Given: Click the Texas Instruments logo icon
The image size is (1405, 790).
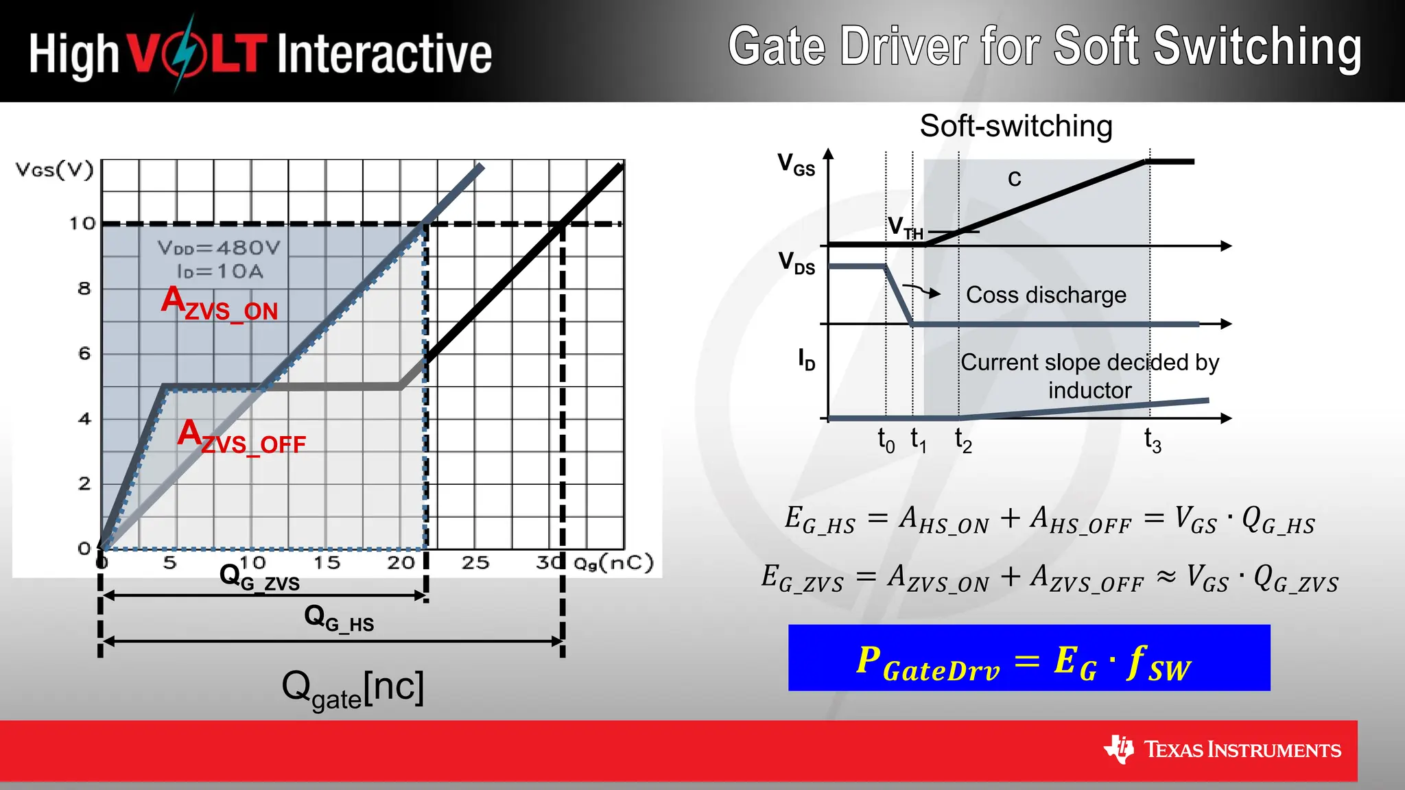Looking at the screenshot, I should click(1119, 749).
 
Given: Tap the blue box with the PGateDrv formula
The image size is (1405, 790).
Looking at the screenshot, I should click(1028, 658).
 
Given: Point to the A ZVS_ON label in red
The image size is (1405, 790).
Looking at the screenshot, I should click(220, 304).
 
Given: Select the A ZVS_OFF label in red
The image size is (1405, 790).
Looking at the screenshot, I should click(241, 438).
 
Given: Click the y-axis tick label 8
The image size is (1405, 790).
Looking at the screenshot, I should click(84, 289).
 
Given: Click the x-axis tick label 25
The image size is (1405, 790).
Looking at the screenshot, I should click(475, 563).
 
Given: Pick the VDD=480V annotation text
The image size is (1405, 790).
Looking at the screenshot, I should click(219, 248).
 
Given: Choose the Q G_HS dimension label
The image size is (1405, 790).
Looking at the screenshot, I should click(339, 619).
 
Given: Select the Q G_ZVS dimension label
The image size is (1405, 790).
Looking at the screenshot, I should click(259, 577).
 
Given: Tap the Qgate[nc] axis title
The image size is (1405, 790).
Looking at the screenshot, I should click(353, 689).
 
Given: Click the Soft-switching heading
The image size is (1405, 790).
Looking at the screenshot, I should click(1015, 126).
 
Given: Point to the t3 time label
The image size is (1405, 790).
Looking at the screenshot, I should click(1153, 441).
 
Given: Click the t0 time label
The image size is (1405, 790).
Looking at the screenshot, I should click(886, 441).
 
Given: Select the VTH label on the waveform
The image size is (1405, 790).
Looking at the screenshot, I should click(905, 227).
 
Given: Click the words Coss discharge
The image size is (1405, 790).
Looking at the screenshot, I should click(1046, 295).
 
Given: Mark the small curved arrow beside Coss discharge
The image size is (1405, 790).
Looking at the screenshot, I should click(921, 290).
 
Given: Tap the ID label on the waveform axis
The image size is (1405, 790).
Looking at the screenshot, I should click(806, 359).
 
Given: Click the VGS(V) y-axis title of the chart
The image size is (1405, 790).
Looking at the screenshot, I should click(54, 169).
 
